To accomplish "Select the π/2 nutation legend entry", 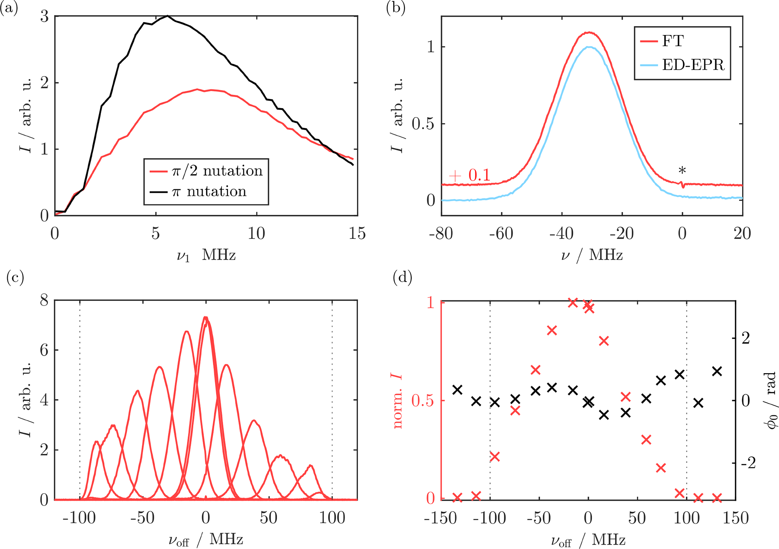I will pos(206,171).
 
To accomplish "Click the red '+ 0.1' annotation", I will pos(470,175).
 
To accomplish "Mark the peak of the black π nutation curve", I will pos(167,16).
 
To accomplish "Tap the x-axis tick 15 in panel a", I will pos(357,234).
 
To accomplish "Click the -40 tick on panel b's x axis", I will pos(562,234).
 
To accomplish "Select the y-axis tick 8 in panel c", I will pos(44,300).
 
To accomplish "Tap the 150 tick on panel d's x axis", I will pos(735,518).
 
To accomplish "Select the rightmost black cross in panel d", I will pos(717,372).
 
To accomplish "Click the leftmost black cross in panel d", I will pos(458,390).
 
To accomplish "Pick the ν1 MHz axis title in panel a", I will pos(206,256).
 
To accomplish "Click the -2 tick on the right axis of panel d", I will pos(748,463).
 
